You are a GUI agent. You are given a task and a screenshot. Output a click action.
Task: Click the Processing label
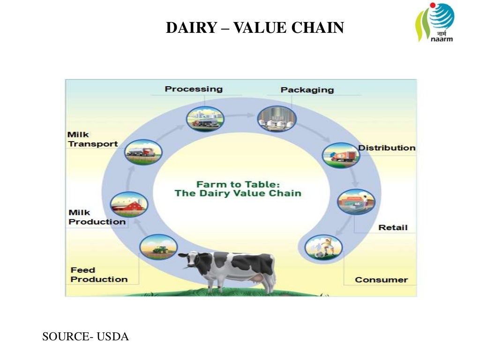pyautogui.click(x=194, y=89)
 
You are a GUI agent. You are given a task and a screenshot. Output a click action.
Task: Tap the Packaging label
pyautogui.click(x=307, y=90)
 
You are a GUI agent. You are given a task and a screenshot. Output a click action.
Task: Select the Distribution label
pyautogui.click(x=387, y=148)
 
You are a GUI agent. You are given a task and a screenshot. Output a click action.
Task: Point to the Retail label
pyautogui.click(x=393, y=228)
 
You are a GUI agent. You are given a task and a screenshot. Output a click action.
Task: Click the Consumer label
pyautogui.click(x=381, y=280)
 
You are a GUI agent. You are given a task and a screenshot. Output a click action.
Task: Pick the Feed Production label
pyautogui.click(x=99, y=275)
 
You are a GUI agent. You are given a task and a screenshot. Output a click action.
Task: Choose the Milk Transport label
pyautogui.click(x=93, y=139)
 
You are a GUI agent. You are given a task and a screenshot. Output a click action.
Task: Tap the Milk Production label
pyautogui.click(x=97, y=217)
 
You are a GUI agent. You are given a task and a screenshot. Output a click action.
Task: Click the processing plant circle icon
pyautogui.click(x=205, y=118)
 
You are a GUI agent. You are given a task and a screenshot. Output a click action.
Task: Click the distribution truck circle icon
pyautogui.click(x=341, y=156)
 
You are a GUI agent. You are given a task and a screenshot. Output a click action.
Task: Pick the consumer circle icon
pyautogui.click(x=323, y=247)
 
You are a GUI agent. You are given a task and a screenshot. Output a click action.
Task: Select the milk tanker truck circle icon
pyautogui.click(x=143, y=152)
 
